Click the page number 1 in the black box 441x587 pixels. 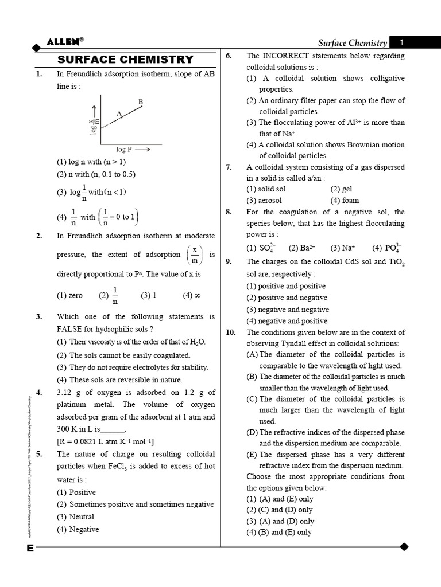[402, 42]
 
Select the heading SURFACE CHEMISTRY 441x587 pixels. [126, 60]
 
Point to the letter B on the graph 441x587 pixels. [140, 102]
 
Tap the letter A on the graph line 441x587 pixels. [119, 114]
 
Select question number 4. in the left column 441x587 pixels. [38, 393]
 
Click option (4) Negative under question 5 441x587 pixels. [78, 529]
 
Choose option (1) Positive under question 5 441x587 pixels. [76, 492]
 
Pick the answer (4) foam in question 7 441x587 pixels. [345, 201]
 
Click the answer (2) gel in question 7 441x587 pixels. [341, 189]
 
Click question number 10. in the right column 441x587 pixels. [230, 332]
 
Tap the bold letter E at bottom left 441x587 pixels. [30, 548]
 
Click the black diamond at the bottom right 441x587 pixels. [404, 547]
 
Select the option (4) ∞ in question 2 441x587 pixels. [191, 296]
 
